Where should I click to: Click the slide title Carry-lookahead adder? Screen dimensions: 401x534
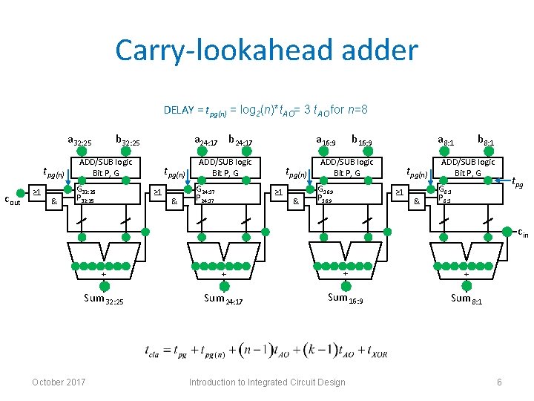[x=266, y=50]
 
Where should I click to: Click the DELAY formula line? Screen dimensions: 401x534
[x=266, y=111]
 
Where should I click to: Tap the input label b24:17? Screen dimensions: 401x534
[x=240, y=140]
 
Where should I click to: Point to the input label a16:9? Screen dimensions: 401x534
[x=326, y=140]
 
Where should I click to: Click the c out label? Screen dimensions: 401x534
[x=12, y=199]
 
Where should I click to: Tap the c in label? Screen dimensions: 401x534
[x=522, y=233]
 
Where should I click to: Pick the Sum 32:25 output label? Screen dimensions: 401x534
[x=104, y=299]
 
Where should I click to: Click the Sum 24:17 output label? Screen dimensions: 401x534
[x=224, y=299]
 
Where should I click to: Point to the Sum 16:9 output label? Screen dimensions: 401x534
[x=346, y=299]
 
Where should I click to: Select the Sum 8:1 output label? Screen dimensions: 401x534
[x=467, y=299]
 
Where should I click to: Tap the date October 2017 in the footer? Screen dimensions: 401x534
[x=59, y=382]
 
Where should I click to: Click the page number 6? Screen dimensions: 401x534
[x=500, y=382]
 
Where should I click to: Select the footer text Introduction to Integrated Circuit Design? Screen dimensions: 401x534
[x=267, y=382]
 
